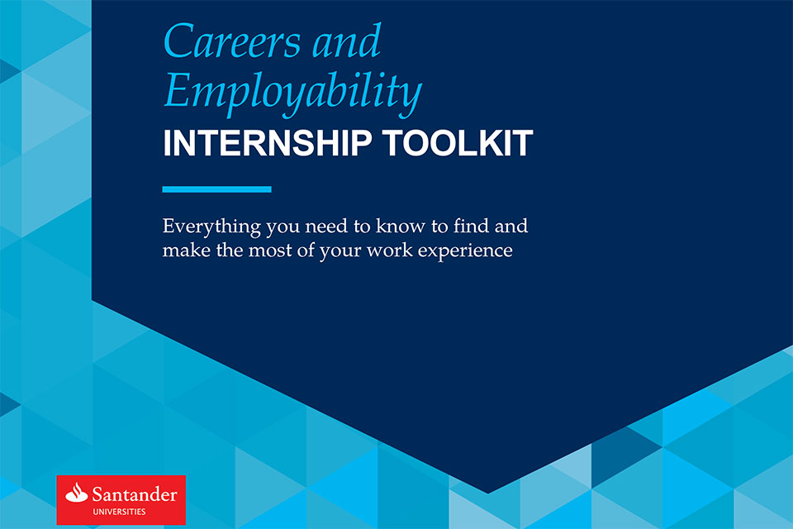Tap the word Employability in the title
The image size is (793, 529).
(292, 93)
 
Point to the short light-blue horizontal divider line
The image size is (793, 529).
(216, 189)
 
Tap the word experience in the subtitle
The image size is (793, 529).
(470, 250)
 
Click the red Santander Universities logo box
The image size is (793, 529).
(121, 501)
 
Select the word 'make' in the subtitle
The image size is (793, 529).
(183, 249)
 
